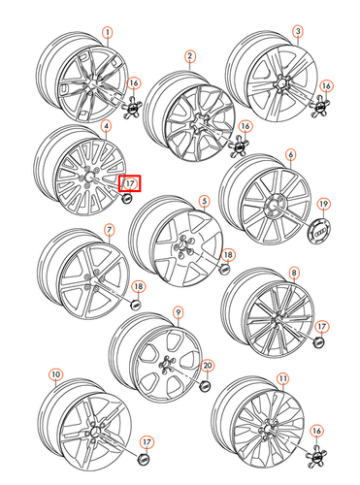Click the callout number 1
pyautogui.click(x=108, y=33)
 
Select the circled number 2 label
pyautogui.click(x=190, y=56)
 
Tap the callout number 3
pyautogui.click(x=298, y=32)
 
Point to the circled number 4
pyautogui.click(x=107, y=126)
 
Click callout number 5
pyautogui.click(x=204, y=201)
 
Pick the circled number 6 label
pyautogui.click(x=291, y=155)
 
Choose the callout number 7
pyautogui.click(x=110, y=230)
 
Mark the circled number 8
pyautogui.click(x=294, y=273)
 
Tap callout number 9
pyautogui.click(x=179, y=312)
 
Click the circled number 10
pyautogui.click(x=56, y=374)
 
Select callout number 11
pyautogui.click(x=283, y=378)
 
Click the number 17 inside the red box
pyautogui.click(x=130, y=183)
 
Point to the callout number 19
pyautogui.click(x=323, y=204)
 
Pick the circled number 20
pyautogui.click(x=208, y=366)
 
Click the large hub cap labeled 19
pyautogui.click(x=320, y=230)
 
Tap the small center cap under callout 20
pyautogui.click(x=205, y=385)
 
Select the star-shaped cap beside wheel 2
pyautogui.click(x=239, y=147)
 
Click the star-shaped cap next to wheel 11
pyautogui.click(x=314, y=456)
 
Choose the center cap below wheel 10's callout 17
pyautogui.click(x=144, y=459)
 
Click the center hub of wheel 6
pyautogui.click(x=272, y=205)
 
